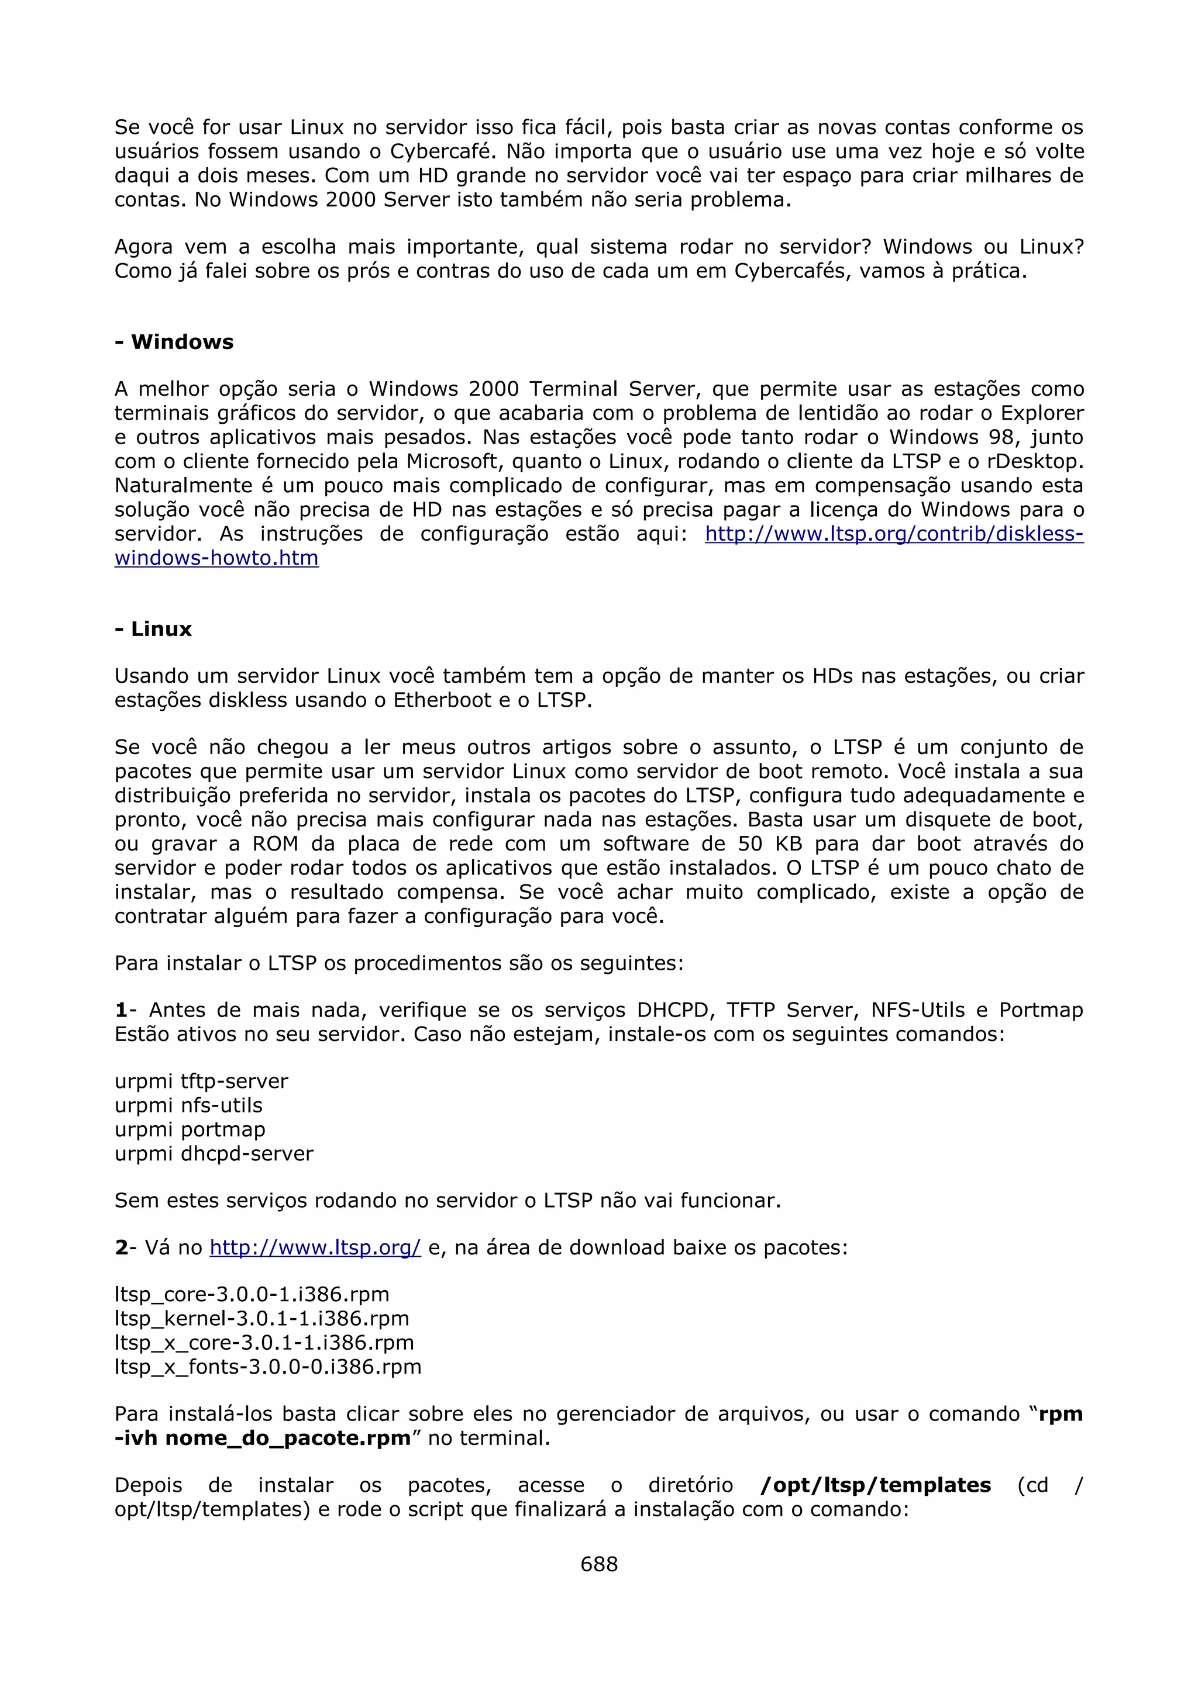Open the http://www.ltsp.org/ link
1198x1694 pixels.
coord(315,1247)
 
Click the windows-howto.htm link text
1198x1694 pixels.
coord(216,558)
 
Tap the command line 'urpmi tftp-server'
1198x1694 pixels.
coord(201,1081)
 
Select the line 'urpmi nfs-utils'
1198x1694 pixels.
coord(188,1105)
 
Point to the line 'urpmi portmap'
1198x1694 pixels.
coord(190,1129)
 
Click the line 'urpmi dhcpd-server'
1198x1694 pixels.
coord(214,1153)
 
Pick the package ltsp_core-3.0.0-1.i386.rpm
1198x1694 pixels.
coord(252,1294)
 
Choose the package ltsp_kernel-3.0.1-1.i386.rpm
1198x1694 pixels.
coord(261,1319)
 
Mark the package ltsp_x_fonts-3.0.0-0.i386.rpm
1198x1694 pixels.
coord(268,1367)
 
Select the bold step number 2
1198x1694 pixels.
coord(121,1247)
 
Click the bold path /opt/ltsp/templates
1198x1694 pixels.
coord(876,1485)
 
